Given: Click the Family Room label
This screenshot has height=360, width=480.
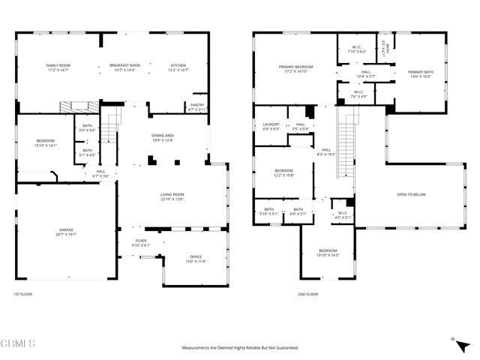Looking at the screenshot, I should tap(58, 65).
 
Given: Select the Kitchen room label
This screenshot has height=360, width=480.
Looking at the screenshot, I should tap(178, 65).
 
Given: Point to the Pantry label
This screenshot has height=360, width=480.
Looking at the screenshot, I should tap(196, 105).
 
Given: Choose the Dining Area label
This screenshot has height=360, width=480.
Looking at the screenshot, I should tap(162, 135).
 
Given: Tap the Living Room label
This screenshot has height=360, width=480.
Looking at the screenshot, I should tap(172, 194).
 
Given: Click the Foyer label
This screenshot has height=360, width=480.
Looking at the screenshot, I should tap(141, 241).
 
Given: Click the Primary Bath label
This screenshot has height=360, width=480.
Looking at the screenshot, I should tap(421, 72).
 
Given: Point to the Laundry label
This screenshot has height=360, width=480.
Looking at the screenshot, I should tap(271, 124).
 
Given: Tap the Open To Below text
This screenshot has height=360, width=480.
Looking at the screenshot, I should tap(411, 194).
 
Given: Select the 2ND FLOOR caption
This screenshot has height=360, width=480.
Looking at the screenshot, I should tap(307, 294).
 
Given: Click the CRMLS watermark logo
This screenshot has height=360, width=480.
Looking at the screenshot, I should tap(19, 344).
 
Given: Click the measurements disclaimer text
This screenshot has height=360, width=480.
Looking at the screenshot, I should tap(239, 348).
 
